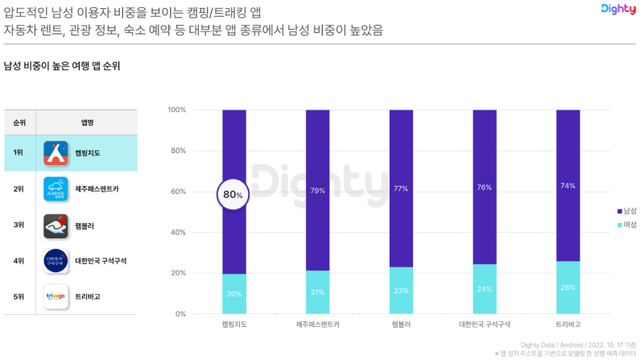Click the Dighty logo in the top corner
click(617, 10)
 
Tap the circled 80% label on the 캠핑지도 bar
click(233, 194)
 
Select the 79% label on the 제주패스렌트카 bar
click(317, 190)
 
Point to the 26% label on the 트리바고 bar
click(568, 288)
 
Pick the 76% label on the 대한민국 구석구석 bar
click(485, 188)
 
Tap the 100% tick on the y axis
click(176, 110)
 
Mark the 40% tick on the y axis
click(178, 232)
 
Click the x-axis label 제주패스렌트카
click(317, 325)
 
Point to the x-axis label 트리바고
click(568, 325)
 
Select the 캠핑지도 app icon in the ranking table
click(56, 152)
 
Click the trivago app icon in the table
click(56, 296)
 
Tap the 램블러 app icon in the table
click(56, 225)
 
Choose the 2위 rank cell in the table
click(19, 188)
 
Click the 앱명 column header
click(88, 122)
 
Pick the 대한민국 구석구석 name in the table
click(101, 261)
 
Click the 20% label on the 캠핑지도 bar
click(233, 294)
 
